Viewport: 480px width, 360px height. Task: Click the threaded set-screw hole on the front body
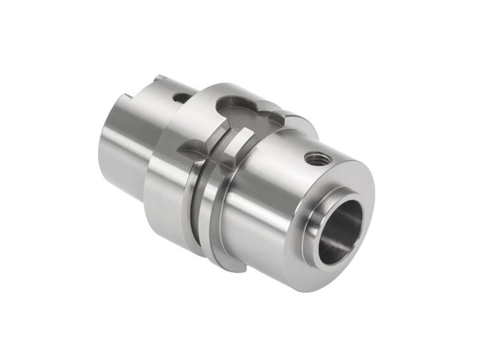[x=317, y=158]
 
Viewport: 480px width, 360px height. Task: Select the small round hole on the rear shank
[x=181, y=97]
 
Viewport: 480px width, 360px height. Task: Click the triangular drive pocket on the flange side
[x=193, y=147]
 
